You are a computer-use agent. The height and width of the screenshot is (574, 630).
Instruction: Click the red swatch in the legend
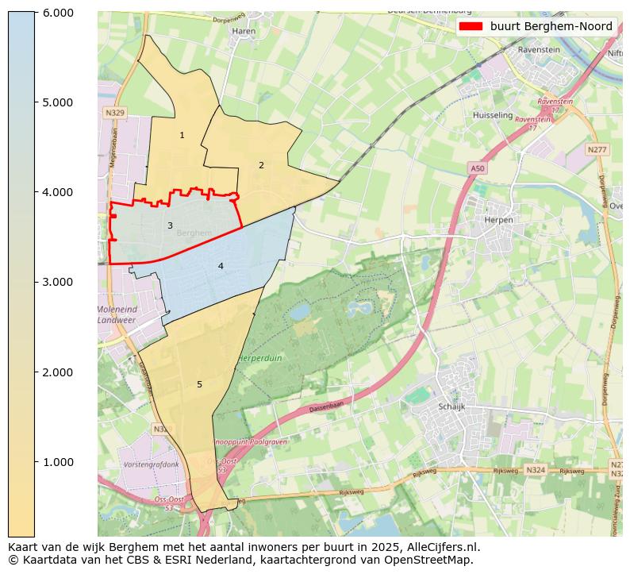point(471,26)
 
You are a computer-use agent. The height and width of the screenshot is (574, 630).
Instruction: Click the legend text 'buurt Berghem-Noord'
point(551,26)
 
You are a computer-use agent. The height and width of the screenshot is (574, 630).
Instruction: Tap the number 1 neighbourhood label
point(182,136)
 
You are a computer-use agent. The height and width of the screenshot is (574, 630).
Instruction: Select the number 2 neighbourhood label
point(261,165)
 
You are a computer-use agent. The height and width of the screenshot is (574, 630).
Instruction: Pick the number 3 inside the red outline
point(170,226)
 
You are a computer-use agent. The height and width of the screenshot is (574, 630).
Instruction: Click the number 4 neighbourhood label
point(221,266)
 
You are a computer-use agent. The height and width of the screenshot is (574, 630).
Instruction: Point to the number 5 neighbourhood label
point(199,385)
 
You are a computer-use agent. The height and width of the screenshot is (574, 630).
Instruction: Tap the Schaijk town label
point(451,406)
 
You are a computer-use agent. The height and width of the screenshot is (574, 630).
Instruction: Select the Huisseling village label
point(493,115)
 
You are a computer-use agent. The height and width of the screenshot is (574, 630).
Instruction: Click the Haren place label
point(243,32)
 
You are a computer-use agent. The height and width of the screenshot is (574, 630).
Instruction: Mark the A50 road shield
point(477,169)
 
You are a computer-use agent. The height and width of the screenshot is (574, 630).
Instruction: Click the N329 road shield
point(115,114)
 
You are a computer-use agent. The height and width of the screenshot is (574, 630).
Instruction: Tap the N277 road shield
point(597,149)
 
